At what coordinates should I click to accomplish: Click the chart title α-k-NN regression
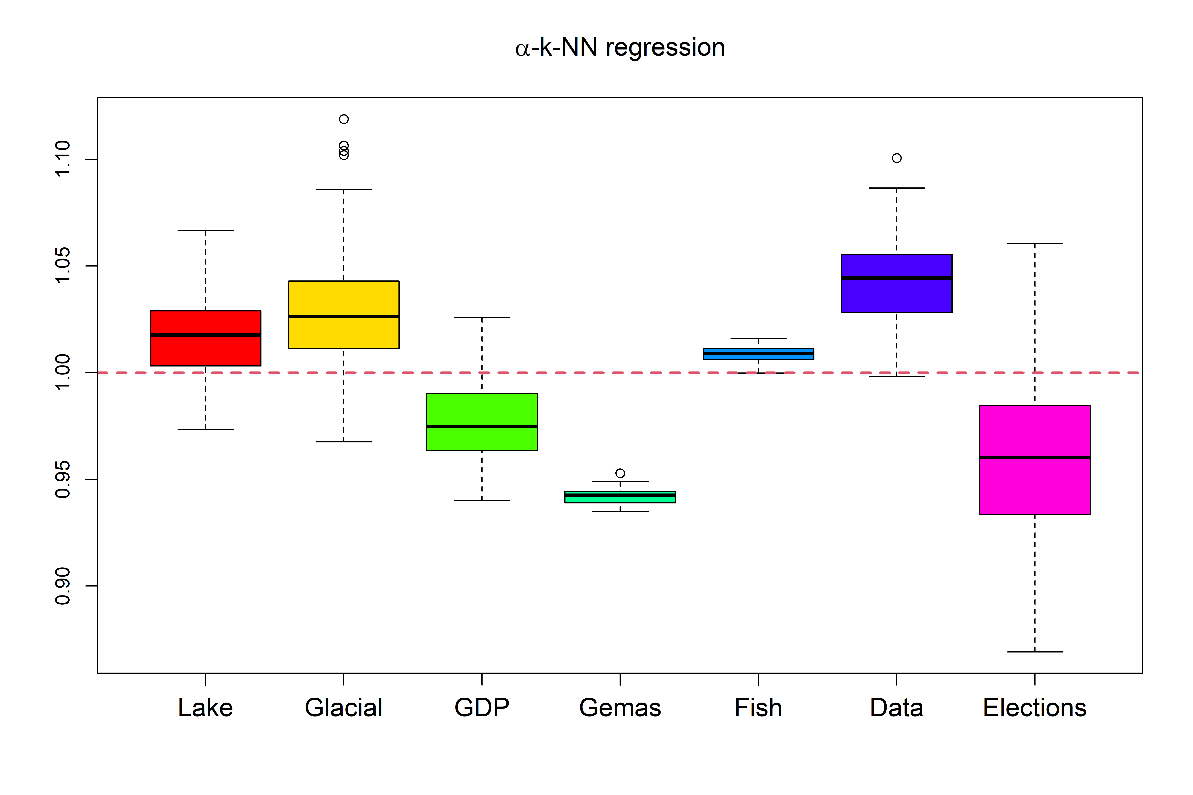pyautogui.click(x=620, y=48)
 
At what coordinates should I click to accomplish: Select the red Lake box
pyautogui.click(x=205, y=350)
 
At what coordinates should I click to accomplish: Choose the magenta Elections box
pyautogui.click(x=1035, y=487)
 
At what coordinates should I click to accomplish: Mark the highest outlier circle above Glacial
pyautogui.click(x=344, y=119)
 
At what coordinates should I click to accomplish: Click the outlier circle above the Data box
pyautogui.click(x=897, y=158)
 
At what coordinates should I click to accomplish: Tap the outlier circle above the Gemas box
pyautogui.click(x=620, y=473)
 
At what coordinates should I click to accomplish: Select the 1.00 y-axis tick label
pyautogui.click(x=62, y=373)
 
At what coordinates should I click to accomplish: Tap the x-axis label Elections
pyautogui.click(x=1035, y=708)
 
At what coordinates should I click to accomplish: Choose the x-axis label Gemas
pyautogui.click(x=620, y=708)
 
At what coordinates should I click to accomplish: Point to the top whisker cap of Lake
pyautogui.click(x=205, y=231)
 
